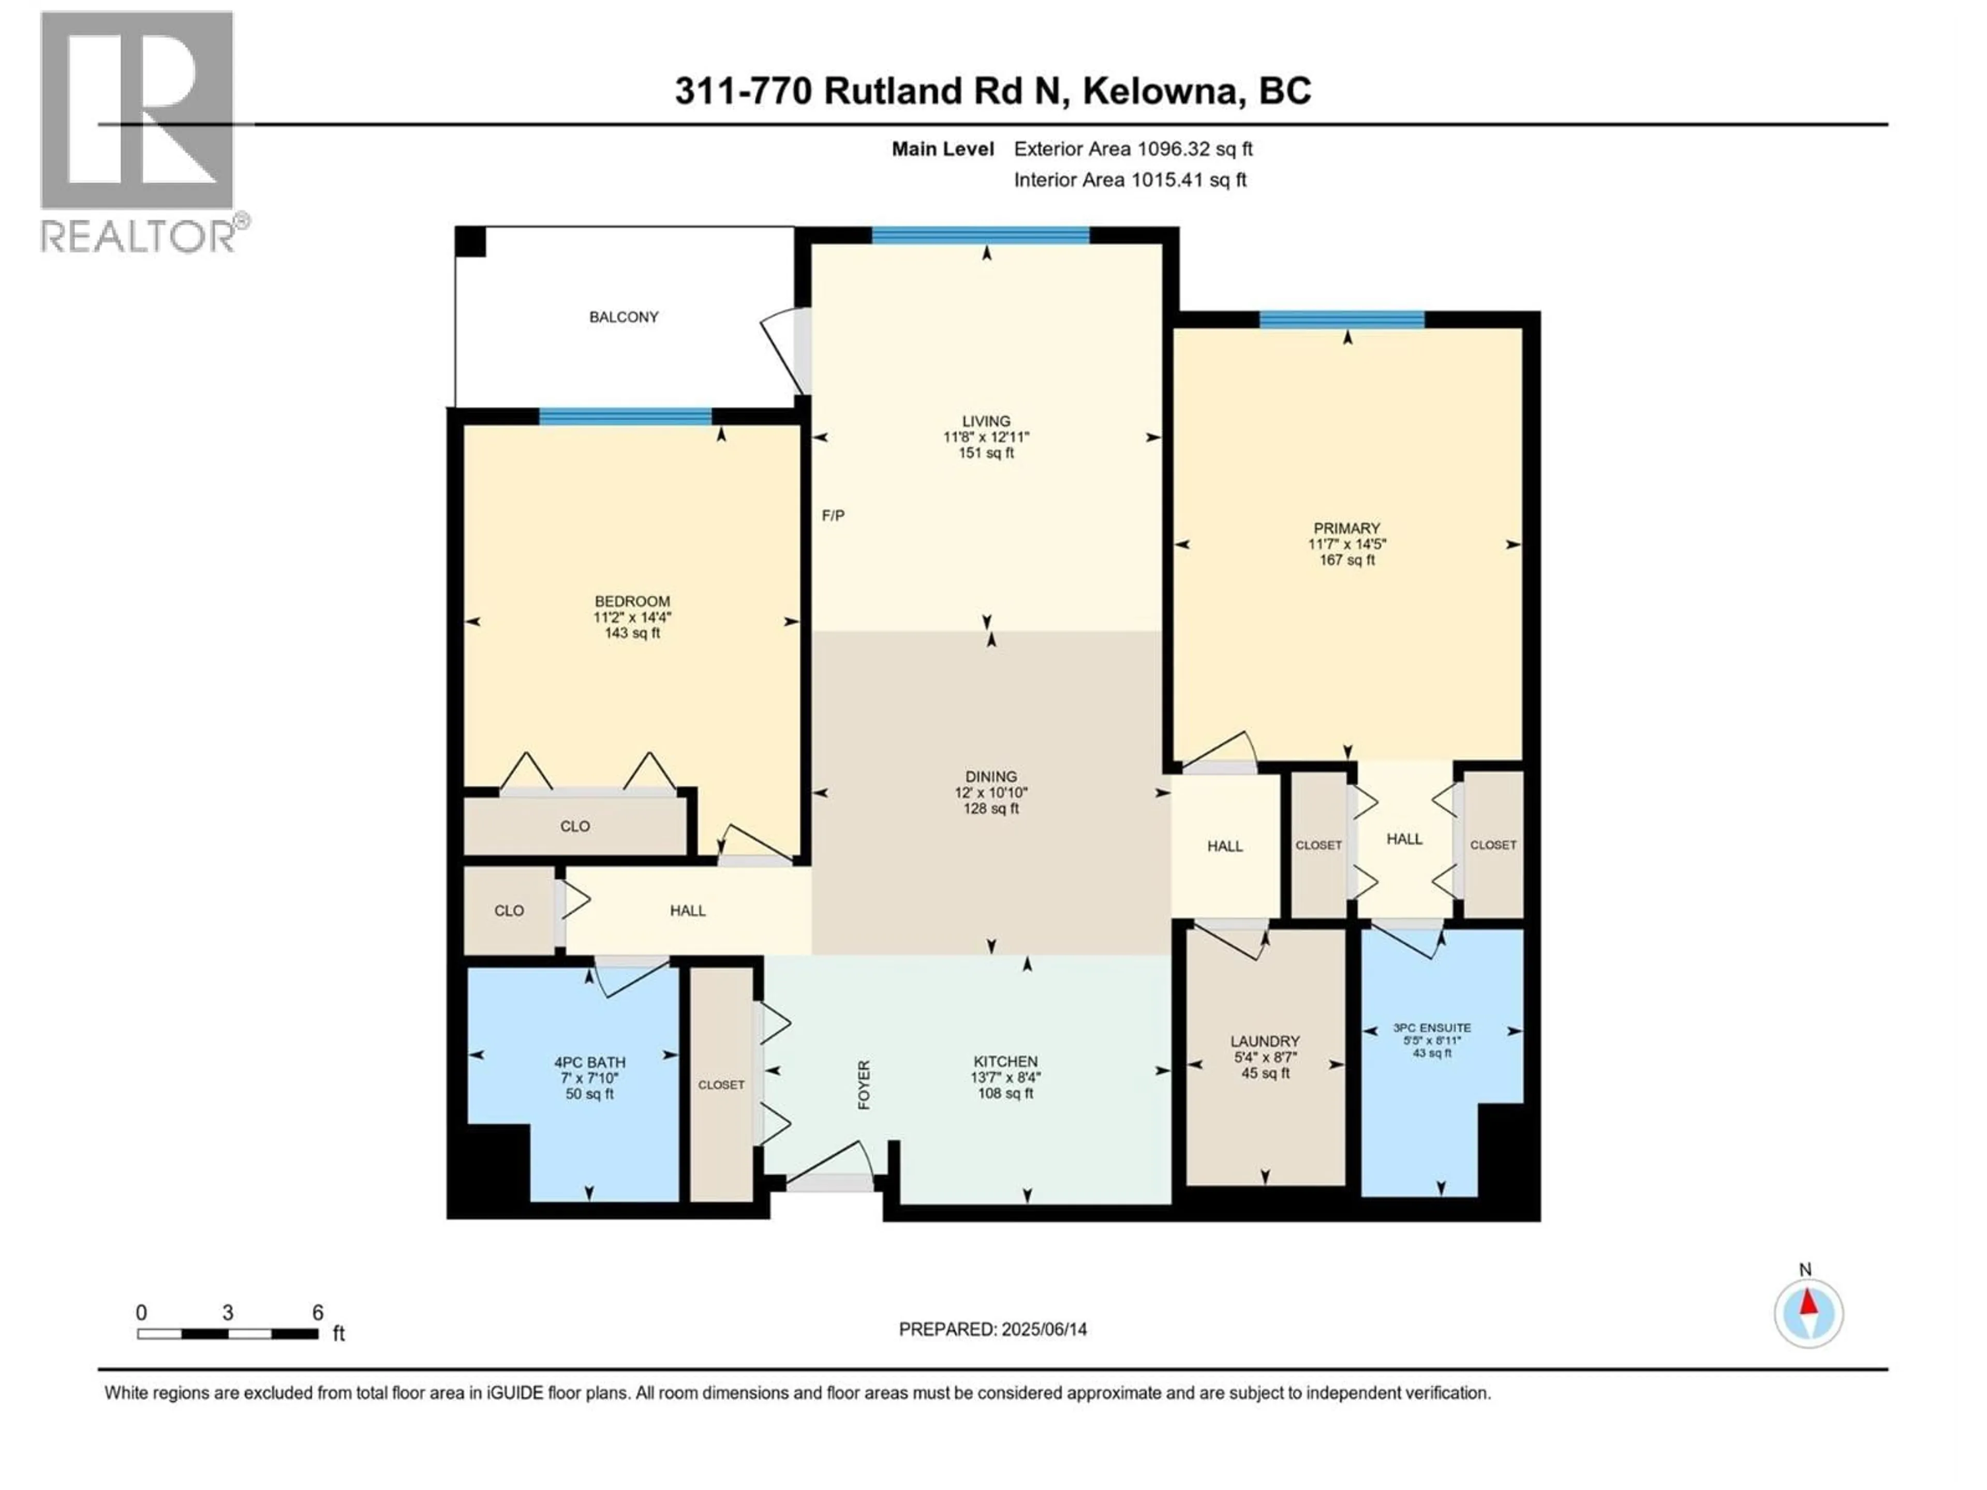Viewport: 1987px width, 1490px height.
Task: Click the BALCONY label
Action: click(x=624, y=317)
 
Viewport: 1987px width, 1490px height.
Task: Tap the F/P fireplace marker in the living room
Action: click(x=833, y=515)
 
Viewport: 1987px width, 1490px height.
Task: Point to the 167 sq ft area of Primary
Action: click(x=1346, y=560)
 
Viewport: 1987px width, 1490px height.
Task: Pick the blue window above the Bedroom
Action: click(x=625, y=416)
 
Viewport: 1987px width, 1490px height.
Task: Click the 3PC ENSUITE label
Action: click(x=1432, y=1027)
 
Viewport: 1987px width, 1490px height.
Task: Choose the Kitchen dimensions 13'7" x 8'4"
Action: click(x=1005, y=1078)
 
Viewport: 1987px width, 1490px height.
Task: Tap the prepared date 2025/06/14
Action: click(x=1042, y=1329)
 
